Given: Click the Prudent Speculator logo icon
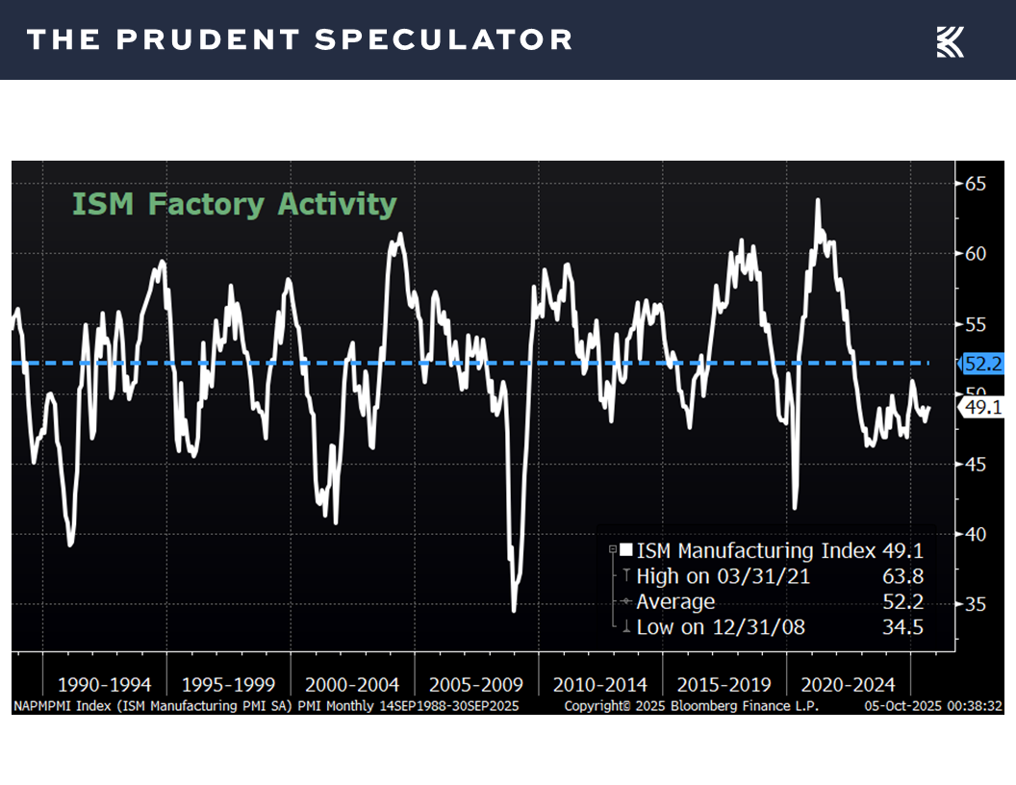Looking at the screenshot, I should click(950, 41).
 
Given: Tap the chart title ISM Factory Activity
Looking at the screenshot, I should click(234, 205).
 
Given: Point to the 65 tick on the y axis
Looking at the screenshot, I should click(978, 183).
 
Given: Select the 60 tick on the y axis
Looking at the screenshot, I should click(978, 254).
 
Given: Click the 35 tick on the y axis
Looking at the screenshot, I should click(978, 604).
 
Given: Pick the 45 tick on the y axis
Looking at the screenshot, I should click(978, 464).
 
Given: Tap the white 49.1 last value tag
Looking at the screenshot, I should click(982, 408).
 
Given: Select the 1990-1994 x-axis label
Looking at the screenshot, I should click(104, 685).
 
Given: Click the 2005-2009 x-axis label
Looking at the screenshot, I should click(476, 685).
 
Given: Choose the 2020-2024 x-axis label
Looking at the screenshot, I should click(848, 685).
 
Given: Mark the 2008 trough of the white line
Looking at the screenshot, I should click(514, 610).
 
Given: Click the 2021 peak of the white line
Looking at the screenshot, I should click(818, 200).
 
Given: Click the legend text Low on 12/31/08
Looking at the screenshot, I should click(721, 627).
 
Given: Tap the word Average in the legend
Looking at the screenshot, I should click(675, 602).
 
